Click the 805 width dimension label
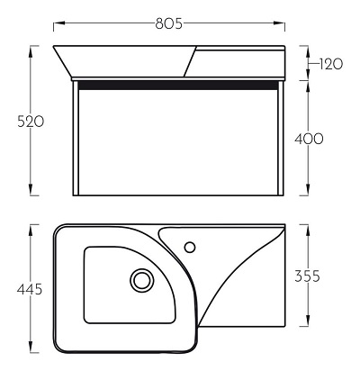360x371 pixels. coord(169,23)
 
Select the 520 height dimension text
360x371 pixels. coord(31,122)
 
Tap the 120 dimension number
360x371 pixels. coord(330,64)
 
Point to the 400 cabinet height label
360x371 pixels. coord(309,139)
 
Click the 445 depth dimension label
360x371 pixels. coord(30,289)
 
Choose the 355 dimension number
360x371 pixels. coord(307,276)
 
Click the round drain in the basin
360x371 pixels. coord(142,280)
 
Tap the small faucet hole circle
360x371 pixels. coord(190,247)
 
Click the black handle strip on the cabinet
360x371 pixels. coord(178,86)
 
